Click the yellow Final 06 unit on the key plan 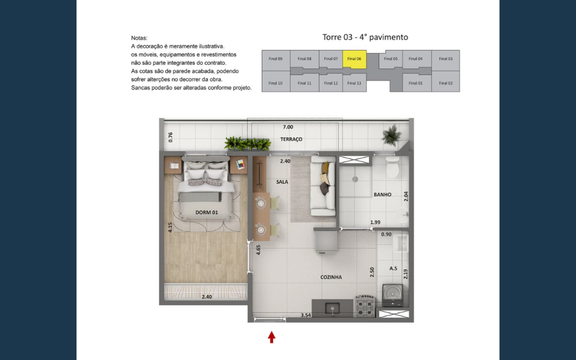354,59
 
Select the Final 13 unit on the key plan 354,83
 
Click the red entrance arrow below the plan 272,337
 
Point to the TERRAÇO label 291,139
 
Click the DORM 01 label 206,212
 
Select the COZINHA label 331,277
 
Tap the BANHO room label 382,195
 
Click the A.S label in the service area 393,268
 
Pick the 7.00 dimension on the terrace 288,127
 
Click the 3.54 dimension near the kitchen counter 306,315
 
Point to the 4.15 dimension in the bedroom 170,227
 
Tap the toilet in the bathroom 392,167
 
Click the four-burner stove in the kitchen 365,308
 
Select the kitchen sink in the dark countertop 332,308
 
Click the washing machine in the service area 392,295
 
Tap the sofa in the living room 323,186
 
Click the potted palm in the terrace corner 392,134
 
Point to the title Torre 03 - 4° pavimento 365,37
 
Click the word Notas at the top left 139,38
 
